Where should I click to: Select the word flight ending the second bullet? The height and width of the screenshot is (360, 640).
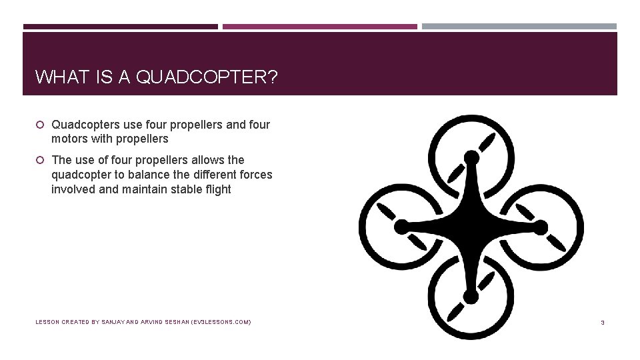(x=217, y=189)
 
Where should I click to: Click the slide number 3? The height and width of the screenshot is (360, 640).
(x=602, y=323)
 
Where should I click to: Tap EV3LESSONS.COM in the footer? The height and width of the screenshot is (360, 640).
(x=221, y=322)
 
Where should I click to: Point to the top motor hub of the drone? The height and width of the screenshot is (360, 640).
(x=471, y=157)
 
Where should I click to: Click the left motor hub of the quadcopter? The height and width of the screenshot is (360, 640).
(x=401, y=227)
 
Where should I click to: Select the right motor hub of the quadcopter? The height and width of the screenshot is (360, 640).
(x=541, y=227)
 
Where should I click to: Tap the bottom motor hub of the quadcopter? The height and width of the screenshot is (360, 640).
(x=471, y=295)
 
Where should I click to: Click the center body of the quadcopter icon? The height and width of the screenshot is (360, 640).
(x=471, y=227)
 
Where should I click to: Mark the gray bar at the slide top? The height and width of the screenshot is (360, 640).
(x=519, y=27)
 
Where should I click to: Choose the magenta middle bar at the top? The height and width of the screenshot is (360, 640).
(x=320, y=27)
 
